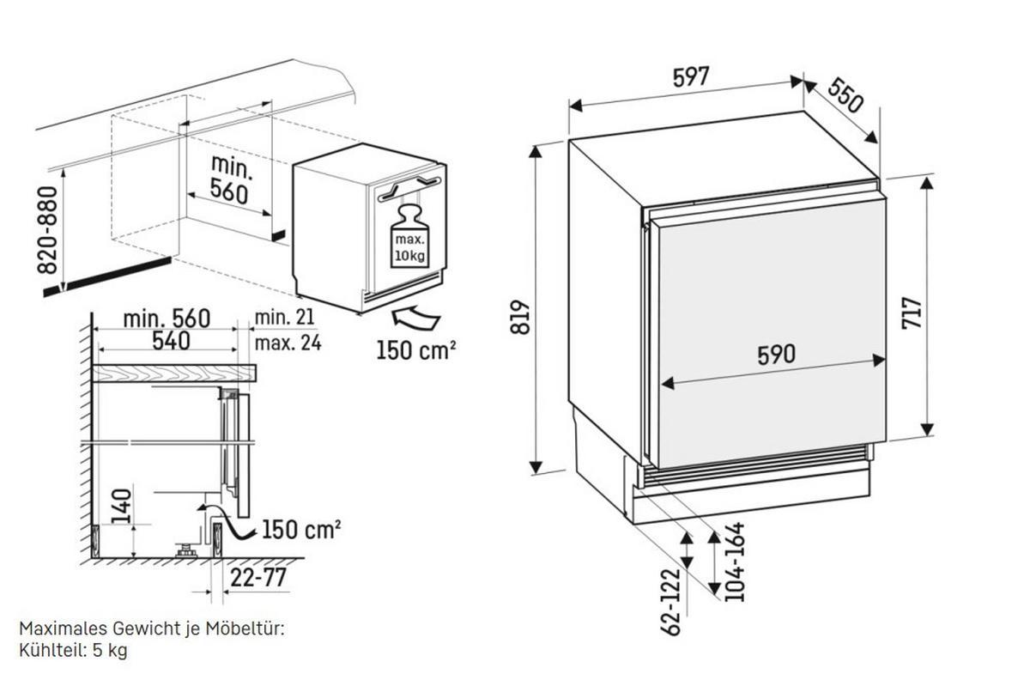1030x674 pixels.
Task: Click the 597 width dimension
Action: [x=691, y=76]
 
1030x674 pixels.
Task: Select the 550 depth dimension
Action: [x=845, y=95]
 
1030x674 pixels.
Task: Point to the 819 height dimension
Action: [x=520, y=317]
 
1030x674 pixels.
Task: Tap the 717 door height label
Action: [x=912, y=313]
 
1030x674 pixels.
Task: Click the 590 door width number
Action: [x=776, y=355]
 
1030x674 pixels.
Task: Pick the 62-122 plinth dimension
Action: [x=670, y=603]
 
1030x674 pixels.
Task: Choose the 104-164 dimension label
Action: [x=735, y=562]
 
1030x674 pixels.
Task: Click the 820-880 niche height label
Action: [x=47, y=230]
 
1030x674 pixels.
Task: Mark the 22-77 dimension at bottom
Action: [x=258, y=578]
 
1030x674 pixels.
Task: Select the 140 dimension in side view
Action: [x=122, y=506]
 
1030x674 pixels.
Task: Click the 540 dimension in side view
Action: [x=171, y=341]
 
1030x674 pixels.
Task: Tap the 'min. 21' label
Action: [x=285, y=318]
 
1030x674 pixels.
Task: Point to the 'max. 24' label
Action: [x=288, y=343]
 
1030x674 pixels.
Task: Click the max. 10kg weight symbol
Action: [x=409, y=236]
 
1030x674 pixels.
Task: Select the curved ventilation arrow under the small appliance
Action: [x=416, y=318]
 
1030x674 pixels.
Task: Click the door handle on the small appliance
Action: [x=409, y=187]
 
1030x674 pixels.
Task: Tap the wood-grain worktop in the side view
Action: [x=174, y=373]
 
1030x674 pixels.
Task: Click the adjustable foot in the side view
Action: [x=186, y=550]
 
